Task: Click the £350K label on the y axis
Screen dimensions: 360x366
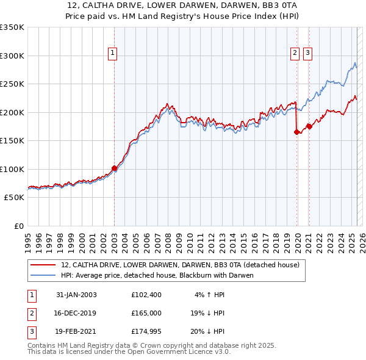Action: point(12,27)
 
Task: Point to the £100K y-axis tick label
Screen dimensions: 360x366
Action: point(12,169)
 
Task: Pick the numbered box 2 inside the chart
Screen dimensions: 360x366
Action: point(295,54)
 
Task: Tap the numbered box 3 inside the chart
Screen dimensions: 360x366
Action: point(307,54)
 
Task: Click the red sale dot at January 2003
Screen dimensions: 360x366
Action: point(114,168)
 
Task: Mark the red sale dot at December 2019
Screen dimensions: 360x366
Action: point(297,132)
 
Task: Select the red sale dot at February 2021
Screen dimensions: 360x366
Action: point(309,126)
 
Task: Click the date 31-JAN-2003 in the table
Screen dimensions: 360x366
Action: point(76,295)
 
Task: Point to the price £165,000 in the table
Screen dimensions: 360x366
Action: point(146,314)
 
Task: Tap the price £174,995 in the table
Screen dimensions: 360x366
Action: point(146,333)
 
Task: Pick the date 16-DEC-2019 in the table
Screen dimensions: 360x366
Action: point(76,314)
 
